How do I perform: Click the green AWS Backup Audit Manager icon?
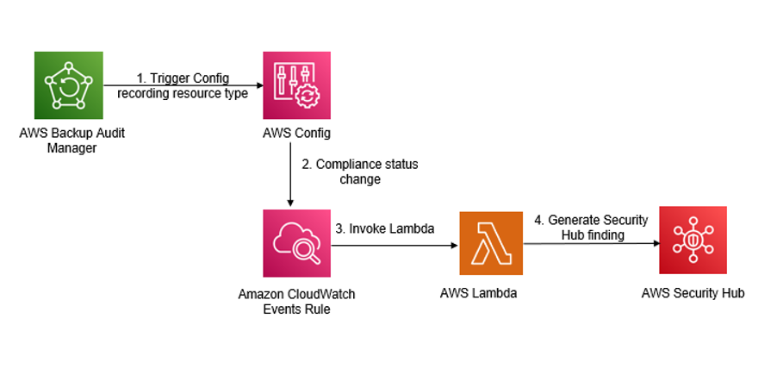(69, 85)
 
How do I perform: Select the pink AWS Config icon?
(296, 85)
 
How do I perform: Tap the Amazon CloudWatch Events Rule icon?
(296, 244)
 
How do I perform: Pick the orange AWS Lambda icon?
(490, 244)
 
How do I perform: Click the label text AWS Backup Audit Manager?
(69, 141)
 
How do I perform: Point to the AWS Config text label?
(296, 134)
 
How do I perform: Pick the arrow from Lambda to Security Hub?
(590, 243)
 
